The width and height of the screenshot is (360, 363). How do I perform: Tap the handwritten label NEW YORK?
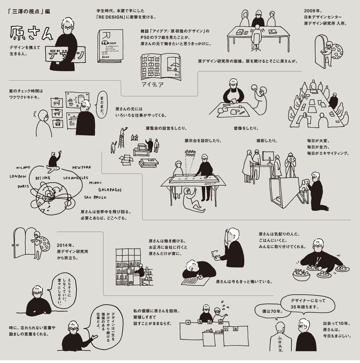82,167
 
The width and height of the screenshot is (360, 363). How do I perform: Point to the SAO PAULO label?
95,198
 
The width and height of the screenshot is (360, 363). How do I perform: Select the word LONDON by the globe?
18,176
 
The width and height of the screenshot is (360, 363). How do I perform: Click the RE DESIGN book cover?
110,46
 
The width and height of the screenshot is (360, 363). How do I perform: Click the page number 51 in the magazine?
177,75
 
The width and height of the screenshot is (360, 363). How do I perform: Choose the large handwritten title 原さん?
31,33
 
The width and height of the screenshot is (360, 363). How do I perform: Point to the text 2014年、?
66,245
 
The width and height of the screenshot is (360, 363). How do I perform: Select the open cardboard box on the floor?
126,159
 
